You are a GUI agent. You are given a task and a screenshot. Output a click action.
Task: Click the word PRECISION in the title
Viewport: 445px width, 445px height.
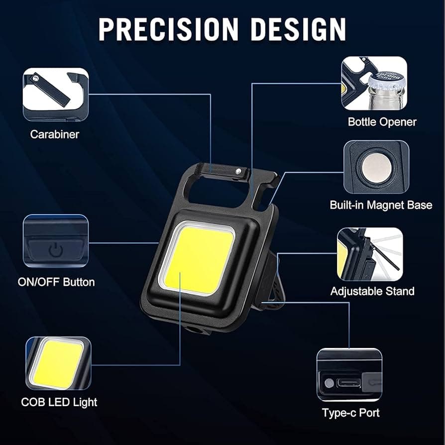(168, 29)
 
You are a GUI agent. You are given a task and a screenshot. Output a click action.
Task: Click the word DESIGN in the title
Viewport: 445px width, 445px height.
(299, 29)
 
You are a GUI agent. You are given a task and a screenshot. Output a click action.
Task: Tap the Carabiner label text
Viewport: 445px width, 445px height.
(54, 134)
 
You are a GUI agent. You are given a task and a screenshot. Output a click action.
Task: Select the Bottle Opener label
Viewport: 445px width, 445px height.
(382, 122)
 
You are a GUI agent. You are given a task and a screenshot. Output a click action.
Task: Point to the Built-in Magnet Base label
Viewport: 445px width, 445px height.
(381, 205)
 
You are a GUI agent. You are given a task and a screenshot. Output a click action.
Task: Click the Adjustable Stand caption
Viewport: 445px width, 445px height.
(372, 291)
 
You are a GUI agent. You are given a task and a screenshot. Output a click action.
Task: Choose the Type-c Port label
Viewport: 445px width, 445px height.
(351, 413)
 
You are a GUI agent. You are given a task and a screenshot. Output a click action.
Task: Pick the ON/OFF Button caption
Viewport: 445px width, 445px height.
(56, 282)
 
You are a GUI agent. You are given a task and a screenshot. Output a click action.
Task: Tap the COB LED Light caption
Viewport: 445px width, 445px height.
(59, 402)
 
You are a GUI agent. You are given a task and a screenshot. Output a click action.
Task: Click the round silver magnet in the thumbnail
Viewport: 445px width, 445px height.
(377, 168)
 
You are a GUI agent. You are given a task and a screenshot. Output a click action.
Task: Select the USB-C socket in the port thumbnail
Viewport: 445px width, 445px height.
(349, 383)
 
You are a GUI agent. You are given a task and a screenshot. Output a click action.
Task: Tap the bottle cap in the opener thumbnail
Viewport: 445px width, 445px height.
(387, 80)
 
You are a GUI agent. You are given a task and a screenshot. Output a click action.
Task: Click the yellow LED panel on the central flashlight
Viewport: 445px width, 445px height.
(200, 260)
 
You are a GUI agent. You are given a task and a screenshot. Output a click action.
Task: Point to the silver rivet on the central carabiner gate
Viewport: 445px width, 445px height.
(239, 171)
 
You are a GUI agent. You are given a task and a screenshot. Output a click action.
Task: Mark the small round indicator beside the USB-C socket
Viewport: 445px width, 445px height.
(329, 383)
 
